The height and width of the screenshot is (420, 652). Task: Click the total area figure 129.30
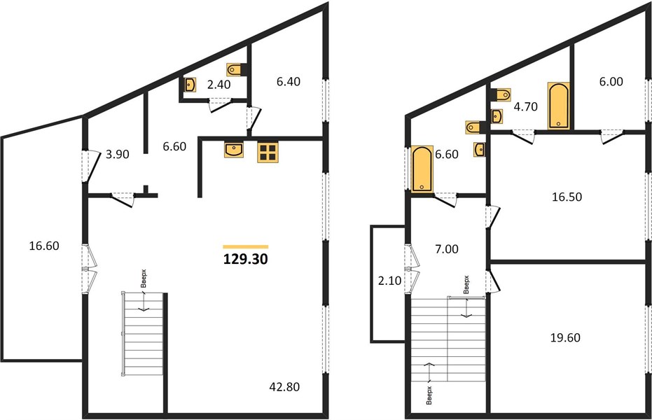tap(245, 259)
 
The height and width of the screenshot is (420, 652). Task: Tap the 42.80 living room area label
tap(284, 387)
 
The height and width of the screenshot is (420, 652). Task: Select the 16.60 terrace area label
tap(44, 246)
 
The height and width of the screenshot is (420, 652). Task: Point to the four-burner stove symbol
tap(268, 152)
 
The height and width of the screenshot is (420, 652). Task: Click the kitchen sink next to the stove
tap(234, 150)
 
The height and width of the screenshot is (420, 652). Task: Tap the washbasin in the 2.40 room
tap(190, 85)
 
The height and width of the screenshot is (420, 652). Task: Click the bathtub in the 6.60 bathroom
tap(422, 168)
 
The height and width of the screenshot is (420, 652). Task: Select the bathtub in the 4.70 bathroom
tap(559, 106)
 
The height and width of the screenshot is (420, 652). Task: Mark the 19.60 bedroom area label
tap(565, 337)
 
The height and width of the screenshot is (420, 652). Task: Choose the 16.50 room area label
tap(567, 197)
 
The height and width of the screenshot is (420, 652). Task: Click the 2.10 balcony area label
tap(389, 281)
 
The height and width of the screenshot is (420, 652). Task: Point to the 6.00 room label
tap(611, 82)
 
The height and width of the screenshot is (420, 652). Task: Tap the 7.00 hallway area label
tap(447, 249)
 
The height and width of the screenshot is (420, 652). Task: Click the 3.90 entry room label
tap(117, 155)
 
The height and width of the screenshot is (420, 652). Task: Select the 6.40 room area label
tap(288, 82)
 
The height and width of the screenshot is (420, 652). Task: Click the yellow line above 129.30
tap(246, 247)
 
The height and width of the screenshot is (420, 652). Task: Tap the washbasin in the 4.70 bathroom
tap(497, 117)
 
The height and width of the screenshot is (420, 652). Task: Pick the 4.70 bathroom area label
tap(525, 107)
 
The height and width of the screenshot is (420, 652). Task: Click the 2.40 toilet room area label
tap(219, 85)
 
